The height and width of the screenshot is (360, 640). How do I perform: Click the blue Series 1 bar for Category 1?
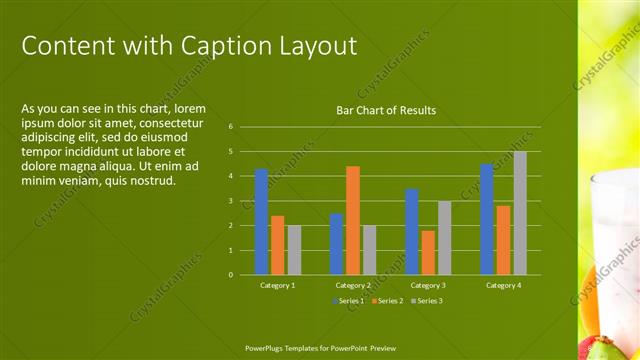click(x=261, y=221)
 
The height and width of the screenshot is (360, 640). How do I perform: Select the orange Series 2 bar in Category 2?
click(x=353, y=220)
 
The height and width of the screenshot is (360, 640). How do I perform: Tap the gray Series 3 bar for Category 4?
click(x=520, y=213)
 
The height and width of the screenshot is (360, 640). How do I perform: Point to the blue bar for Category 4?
click(x=487, y=219)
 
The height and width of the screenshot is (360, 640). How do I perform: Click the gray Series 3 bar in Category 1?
click(x=294, y=250)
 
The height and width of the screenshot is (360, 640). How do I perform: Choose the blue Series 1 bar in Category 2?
click(x=336, y=243)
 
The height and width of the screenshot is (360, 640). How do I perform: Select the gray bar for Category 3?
click(x=444, y=238)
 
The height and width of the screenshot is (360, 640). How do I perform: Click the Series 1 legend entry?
click(x=349, y=300)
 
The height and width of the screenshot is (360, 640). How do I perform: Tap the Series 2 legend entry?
click(x=387, y=300)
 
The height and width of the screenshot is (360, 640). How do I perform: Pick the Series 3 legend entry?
click(x=426, y=300)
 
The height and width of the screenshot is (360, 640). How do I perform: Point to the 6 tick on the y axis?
click(x=230, y=127)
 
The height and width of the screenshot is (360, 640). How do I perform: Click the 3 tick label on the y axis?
click(x=230, y=201)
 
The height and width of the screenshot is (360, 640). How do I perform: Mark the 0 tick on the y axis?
click(x=230, y=274)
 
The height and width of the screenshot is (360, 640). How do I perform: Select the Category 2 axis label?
click(x=353, y=285)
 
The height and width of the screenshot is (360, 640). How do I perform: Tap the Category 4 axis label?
click(x=503, y=285)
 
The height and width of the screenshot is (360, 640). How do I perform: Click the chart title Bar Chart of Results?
click(x=386, y=110)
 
